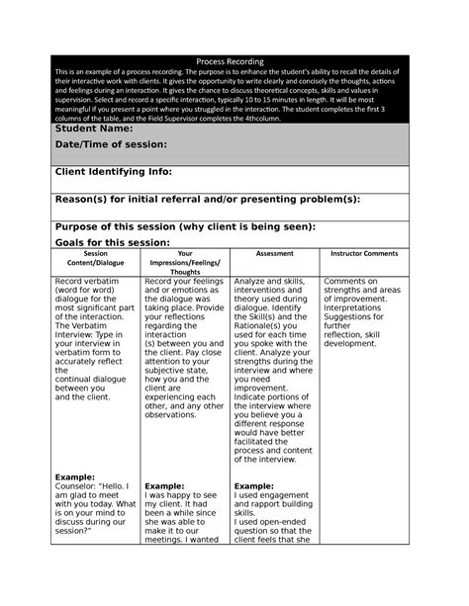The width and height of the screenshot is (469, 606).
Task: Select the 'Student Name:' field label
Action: click(94, 129)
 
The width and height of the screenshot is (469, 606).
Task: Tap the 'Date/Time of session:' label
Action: click(110, 144)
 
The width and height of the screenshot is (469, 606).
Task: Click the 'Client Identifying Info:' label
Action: click(113, 172)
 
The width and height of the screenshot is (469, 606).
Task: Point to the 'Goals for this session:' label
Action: click(112, 242)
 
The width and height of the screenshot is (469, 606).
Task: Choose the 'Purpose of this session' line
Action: click(184, 226)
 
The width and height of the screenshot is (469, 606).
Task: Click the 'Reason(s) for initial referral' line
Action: click(206, 199)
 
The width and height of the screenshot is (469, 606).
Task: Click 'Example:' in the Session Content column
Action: click(75, 476)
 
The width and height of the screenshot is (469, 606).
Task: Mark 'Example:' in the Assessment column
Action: click(253, 486)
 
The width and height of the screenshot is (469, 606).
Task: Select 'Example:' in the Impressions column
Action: click(164, 486)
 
